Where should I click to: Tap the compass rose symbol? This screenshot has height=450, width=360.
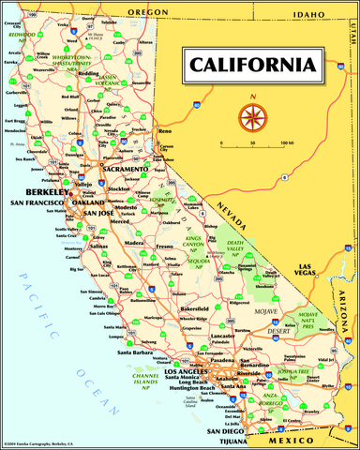(253, 116)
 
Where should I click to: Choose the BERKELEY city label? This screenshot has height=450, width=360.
(42, 191)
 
